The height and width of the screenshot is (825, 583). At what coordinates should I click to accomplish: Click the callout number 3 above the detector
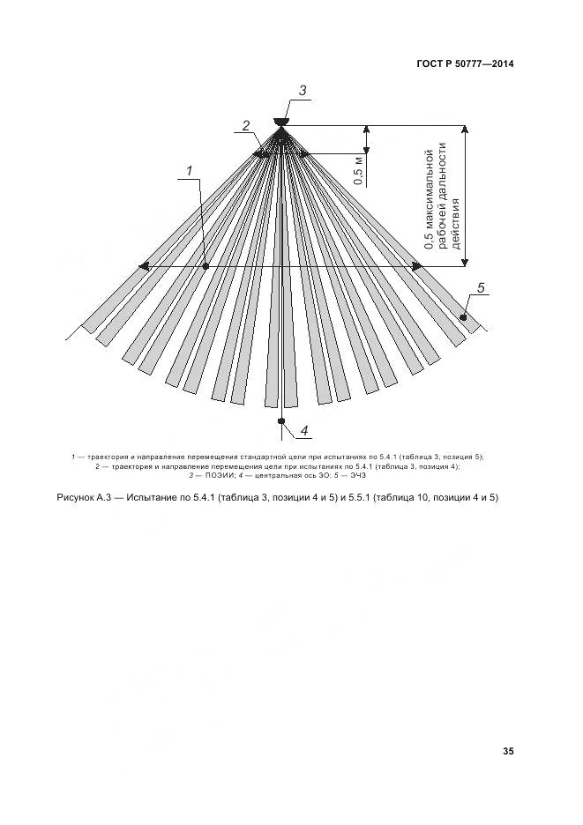pyautogui.click(x=303, y=90)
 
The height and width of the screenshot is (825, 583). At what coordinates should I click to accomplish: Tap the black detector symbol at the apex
pyautogui.click(x=280, y=122)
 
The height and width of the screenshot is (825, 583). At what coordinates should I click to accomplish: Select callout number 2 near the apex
pyautogui.click(x=247, y=125)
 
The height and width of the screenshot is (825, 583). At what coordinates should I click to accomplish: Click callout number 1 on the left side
pyautogui.click(x=189, y=170)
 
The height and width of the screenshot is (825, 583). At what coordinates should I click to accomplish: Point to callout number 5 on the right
pyautogui.click(x=481, y=287)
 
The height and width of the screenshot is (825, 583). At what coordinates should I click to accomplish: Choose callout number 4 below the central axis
pyautogui.click(x=303, y=431)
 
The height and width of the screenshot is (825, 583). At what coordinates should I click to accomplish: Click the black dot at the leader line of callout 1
pyautogui.click(x=204, y=265)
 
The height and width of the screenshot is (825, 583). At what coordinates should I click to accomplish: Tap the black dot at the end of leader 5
pyautogui.click(x=461, y=316)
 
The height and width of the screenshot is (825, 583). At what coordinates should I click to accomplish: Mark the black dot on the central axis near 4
pyautogui.click(x=280, y=422)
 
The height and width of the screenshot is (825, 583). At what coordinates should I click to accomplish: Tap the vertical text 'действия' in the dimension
pyautogui.click(x=456, y=227)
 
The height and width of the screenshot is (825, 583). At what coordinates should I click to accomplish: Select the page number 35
pyautogui.click(x=508, y=751)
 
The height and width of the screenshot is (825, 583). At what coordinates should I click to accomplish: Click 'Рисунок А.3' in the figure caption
pyautogui.click(x=87, y=498)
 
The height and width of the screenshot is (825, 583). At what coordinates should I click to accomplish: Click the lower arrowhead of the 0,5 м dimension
pyautogui.click(x=366, y=151)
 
